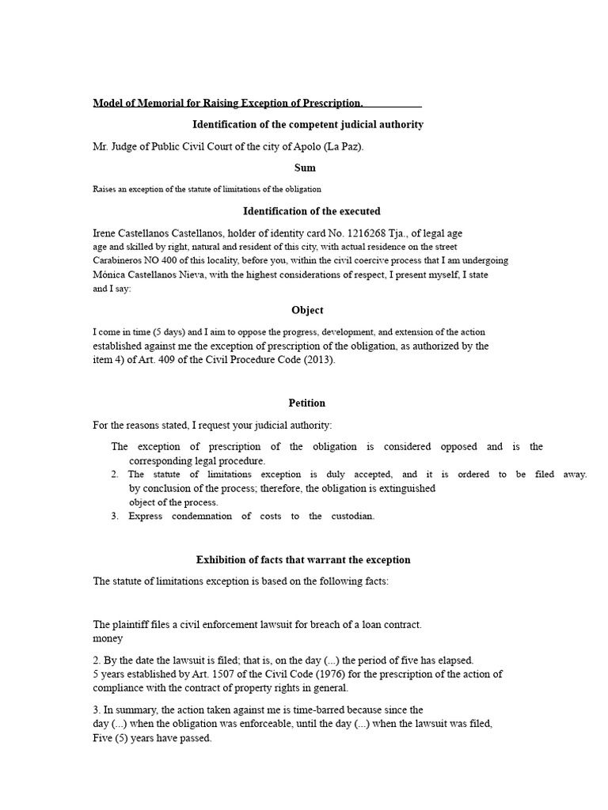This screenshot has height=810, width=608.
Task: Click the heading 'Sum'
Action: coord(304,168)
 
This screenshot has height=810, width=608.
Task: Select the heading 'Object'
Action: coord(307,310)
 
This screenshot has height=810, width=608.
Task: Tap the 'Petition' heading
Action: coord(307,403)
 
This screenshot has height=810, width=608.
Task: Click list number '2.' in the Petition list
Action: coord(115,475)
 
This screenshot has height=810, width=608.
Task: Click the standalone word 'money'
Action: coord(108,638)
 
